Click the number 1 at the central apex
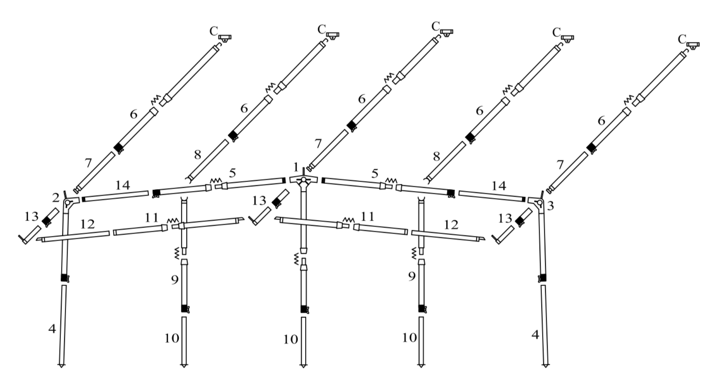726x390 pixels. (x=296, y=167)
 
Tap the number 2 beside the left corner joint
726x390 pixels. (x=56, y=198)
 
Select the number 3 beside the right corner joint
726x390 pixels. (x=550, y=206)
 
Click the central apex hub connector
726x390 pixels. (x=303, y=180)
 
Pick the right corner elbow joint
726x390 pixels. (x=538, y=202)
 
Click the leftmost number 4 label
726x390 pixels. (x=52, y=328)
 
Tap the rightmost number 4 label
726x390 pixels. (x=535, y=335)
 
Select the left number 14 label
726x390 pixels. (x=122, y=185)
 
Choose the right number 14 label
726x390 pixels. (x=499, y=186)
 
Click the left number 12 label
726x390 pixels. (x=87, y=224)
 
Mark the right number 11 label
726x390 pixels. (x=367, y=216)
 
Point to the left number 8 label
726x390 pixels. (x=198, y=155)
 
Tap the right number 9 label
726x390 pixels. (x=412, y=276)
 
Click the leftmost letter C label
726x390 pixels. (x=214, y=31)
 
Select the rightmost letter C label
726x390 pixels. (x=682, y=39)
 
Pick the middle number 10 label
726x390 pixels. (x=290, y=339)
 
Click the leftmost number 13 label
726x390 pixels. (x=31, y=216)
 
